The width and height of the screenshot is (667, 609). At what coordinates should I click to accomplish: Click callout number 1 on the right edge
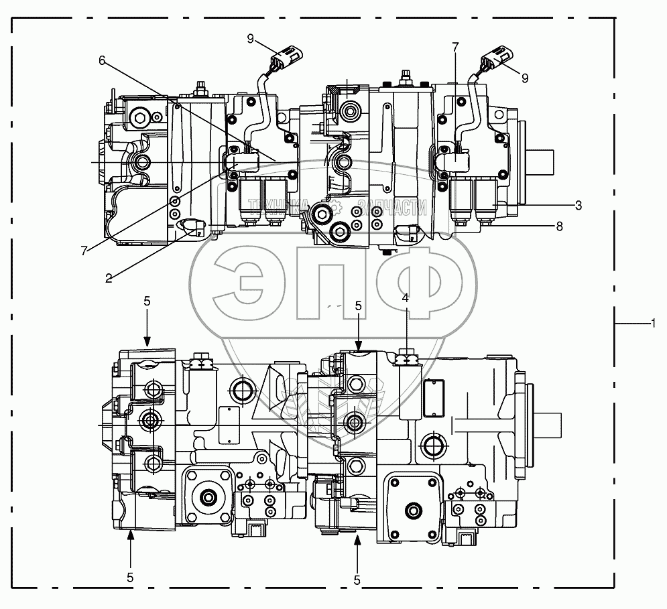click(653, 324)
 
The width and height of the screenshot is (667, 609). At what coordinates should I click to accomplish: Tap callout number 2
click(109, 279)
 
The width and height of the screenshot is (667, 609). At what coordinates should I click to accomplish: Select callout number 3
click(578, 206)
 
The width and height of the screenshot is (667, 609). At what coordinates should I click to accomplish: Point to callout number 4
click(406, 298)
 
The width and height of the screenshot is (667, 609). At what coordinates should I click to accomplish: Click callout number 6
click(102, 61)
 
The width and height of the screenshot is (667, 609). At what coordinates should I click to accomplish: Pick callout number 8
click(559, 226)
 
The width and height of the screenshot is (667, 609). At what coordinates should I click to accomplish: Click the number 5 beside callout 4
click(358, 306)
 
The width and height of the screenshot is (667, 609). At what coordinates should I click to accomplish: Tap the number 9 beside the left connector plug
click(250, 39)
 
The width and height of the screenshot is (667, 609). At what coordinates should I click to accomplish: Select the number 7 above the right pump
click(456, 47)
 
